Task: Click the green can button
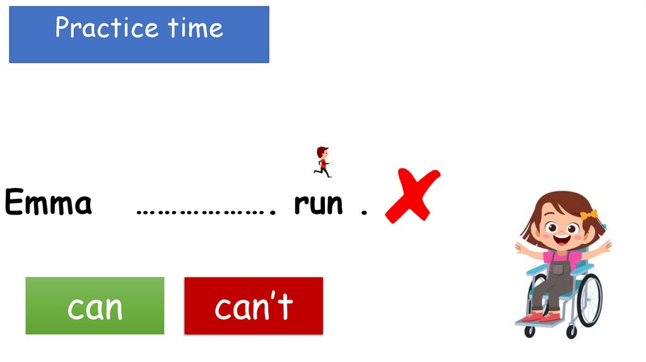(95, 306)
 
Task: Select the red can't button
(253, 306)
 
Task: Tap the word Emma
(49, 204)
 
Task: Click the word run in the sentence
(319, 204)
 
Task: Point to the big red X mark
(413, 196)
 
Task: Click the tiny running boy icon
(322, 161)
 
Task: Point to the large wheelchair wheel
(590, 300)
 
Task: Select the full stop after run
(363, 213)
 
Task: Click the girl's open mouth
(560, 241)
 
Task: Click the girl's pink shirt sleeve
(575, 258)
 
